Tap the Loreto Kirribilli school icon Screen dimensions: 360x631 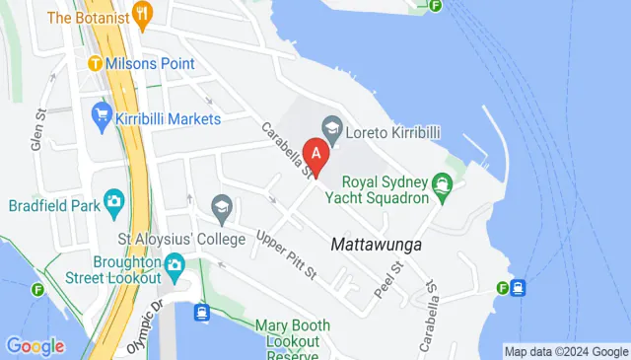(x=331, y=127)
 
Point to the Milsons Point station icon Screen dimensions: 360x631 (x=95, y=64)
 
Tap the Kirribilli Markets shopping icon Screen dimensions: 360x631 (x=101, y=115)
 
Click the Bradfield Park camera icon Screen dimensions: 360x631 (x=113, y=201)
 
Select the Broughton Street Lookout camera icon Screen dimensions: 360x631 (x=175, y=263)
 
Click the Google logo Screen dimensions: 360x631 (x=35, y=346)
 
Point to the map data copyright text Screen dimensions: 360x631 (x=565, y=351)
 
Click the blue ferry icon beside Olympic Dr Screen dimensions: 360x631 (x=201, y=312)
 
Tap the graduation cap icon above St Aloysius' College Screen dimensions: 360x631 (x=222, y=207)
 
